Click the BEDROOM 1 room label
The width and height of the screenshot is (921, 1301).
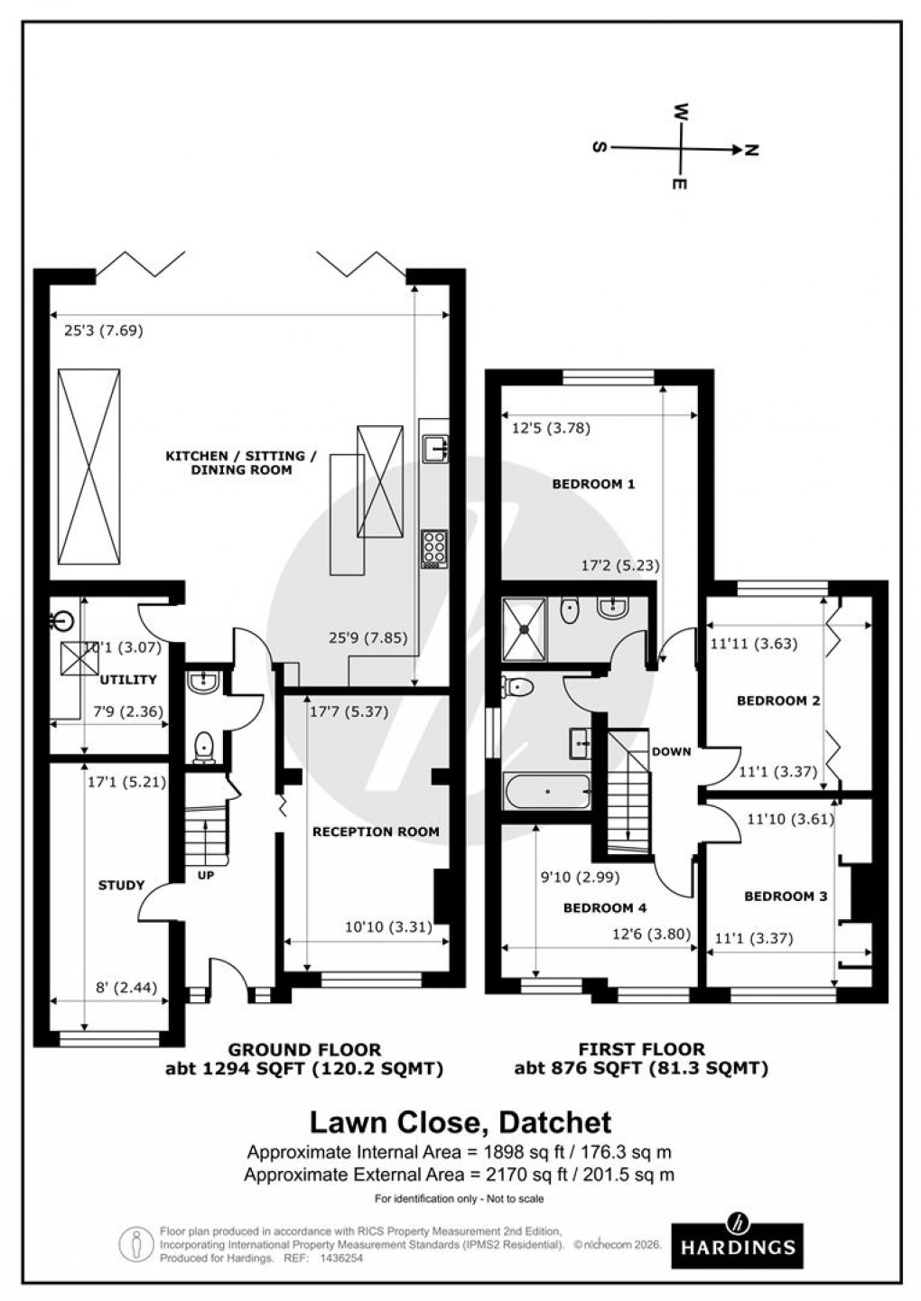(x=593, y=484)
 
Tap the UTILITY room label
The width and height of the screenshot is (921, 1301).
(x=128, y=680)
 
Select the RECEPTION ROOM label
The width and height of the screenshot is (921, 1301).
(x=376, y=832)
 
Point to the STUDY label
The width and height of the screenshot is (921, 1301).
(x=121, y=885)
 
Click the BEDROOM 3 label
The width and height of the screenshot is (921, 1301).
(x=786, y=897)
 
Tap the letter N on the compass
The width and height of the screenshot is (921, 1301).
(x=750, y=150)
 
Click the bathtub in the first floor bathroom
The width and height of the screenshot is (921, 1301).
(x=547, y=792)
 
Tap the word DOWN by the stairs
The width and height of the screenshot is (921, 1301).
(x=671, y=751)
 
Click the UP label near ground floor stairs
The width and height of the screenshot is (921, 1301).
(x=206, y=874)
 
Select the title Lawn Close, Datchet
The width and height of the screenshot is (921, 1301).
(x=460, y=1122)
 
